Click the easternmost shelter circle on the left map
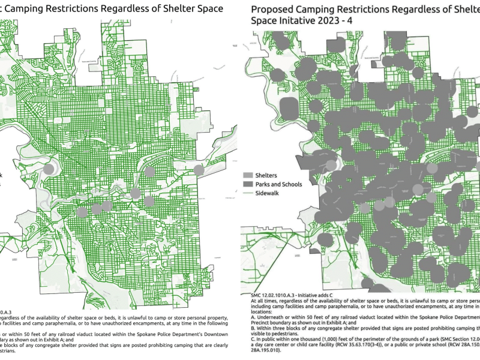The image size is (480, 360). tap(199, 170)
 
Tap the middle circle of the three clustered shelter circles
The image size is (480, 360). tap(95, 209)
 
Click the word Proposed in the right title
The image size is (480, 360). tap(272, 9)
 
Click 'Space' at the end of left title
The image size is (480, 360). tap(208, 9)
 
